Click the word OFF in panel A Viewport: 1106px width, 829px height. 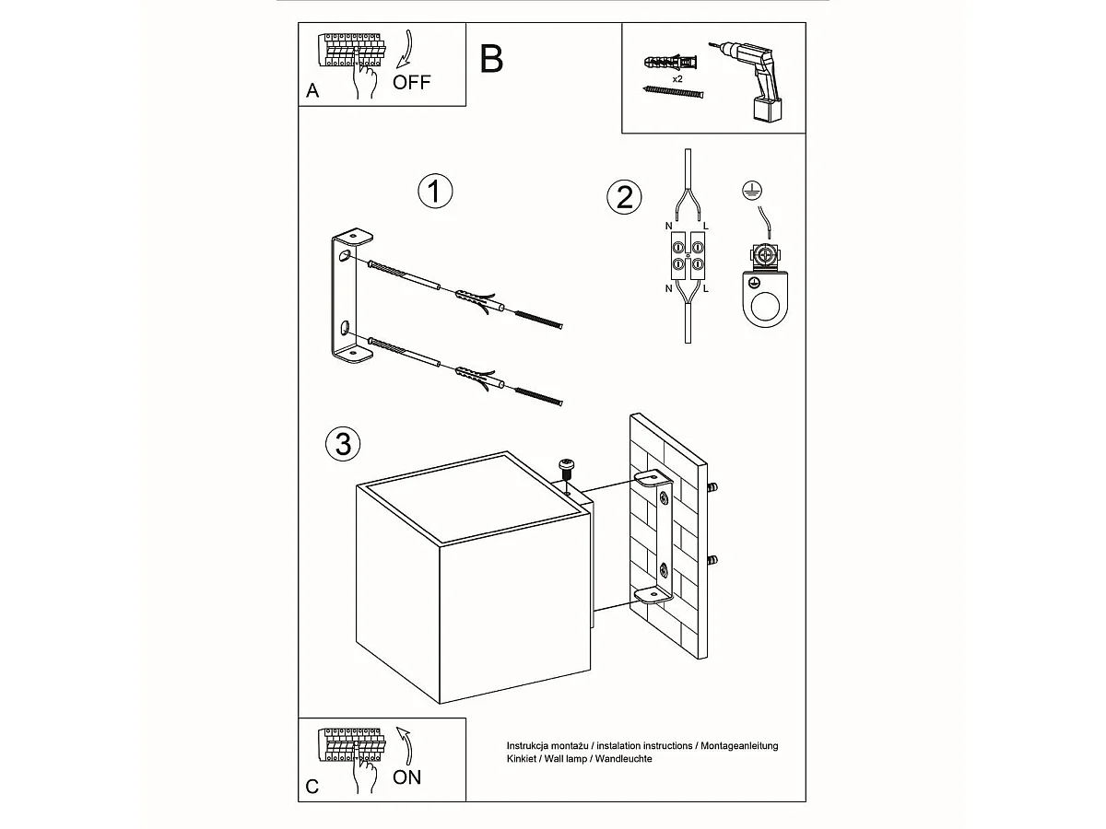(x=411, y=82)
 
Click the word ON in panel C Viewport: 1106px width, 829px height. (x=406, y=777)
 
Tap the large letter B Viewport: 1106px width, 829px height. (x=491, y=59)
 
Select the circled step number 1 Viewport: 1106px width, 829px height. (x=435, y=192)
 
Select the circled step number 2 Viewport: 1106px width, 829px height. (x=624, y=197)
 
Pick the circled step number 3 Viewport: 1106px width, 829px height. (x=343, y=444)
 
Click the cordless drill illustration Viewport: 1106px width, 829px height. (x=747, y=80)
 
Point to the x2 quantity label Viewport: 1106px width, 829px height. (x=677, y=79)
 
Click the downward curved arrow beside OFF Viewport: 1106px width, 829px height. (x=405, y=49)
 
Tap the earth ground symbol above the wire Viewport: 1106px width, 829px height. (x=752, y=191)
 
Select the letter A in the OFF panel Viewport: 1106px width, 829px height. (x=312, y=90)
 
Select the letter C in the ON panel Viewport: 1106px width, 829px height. (x=312, y=787)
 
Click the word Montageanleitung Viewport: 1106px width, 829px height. (x=739, y=746)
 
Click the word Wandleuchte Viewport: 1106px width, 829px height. (x=623, y=758)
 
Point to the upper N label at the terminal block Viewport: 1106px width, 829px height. (x=668, y=226)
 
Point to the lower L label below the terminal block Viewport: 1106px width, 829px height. (x=705, y=289)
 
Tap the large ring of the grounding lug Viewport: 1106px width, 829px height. (x=765, y=307)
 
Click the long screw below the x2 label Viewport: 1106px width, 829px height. (x=673, y=91)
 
